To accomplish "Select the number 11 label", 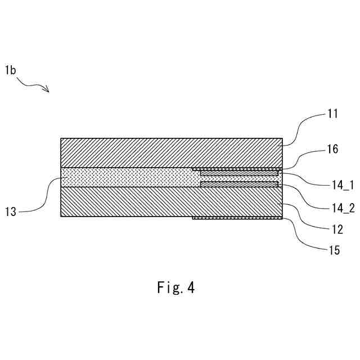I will point(332,114).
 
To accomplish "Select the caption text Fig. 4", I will point(175,288).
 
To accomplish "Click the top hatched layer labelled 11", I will point(169,152).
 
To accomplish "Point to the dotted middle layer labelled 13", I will point(129,178).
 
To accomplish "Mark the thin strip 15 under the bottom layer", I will point(236,218).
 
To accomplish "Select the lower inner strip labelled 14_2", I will point(239,184).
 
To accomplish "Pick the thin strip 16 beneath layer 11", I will point(236,169).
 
